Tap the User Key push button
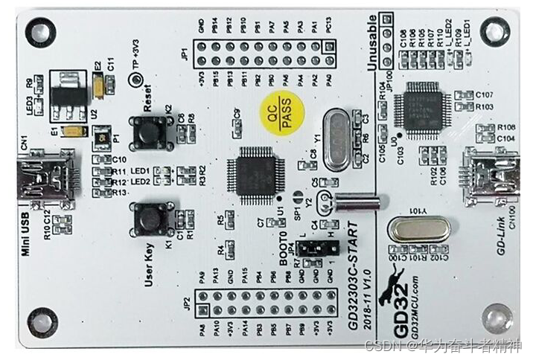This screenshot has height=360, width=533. (149, 219)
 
